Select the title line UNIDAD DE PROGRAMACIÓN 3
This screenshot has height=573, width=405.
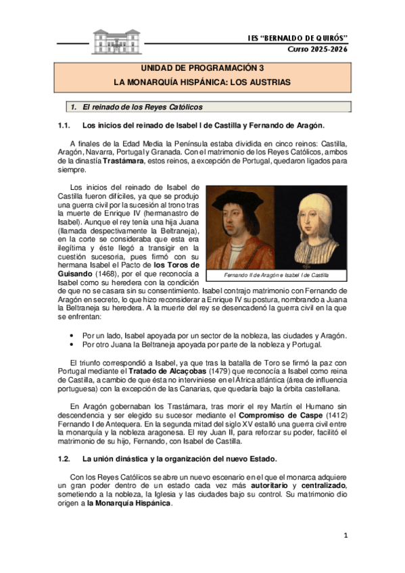pos(202,68)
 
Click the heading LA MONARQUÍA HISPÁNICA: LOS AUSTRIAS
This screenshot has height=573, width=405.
pos(202,82)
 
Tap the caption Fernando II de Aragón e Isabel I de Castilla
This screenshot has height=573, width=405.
pos(277,275)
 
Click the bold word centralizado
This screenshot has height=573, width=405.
pos(322,487)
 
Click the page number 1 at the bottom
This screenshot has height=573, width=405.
pos(344,536)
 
